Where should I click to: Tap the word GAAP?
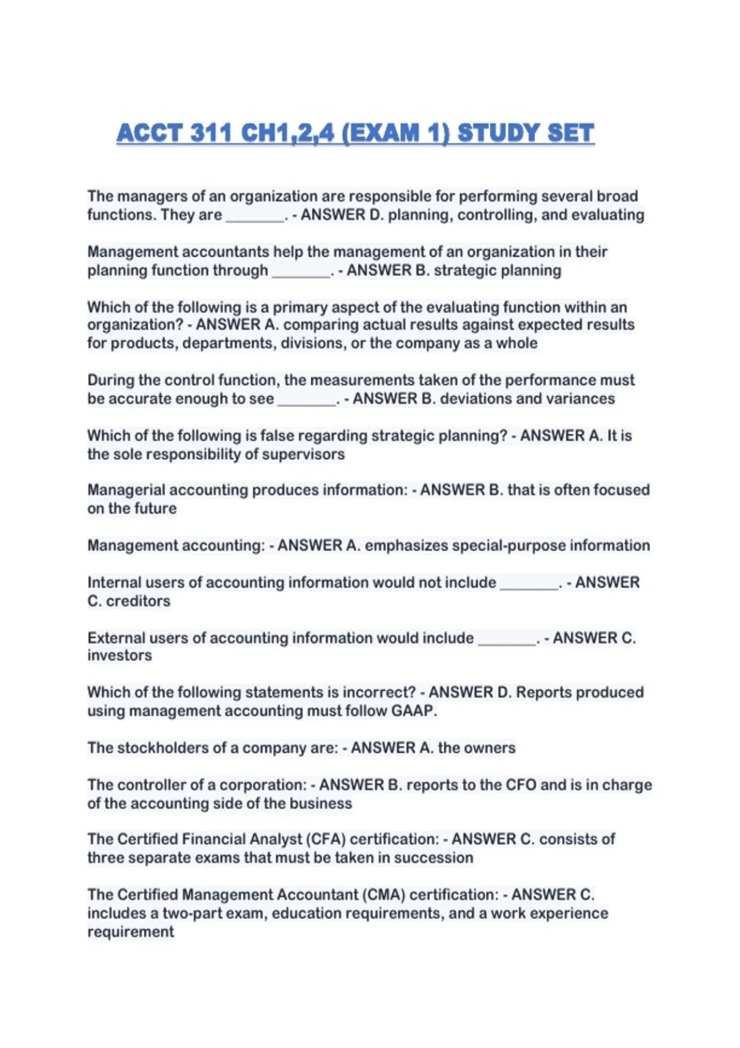click(413, 711)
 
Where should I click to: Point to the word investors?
click(120, 655)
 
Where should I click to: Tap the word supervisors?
click(303, 454)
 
